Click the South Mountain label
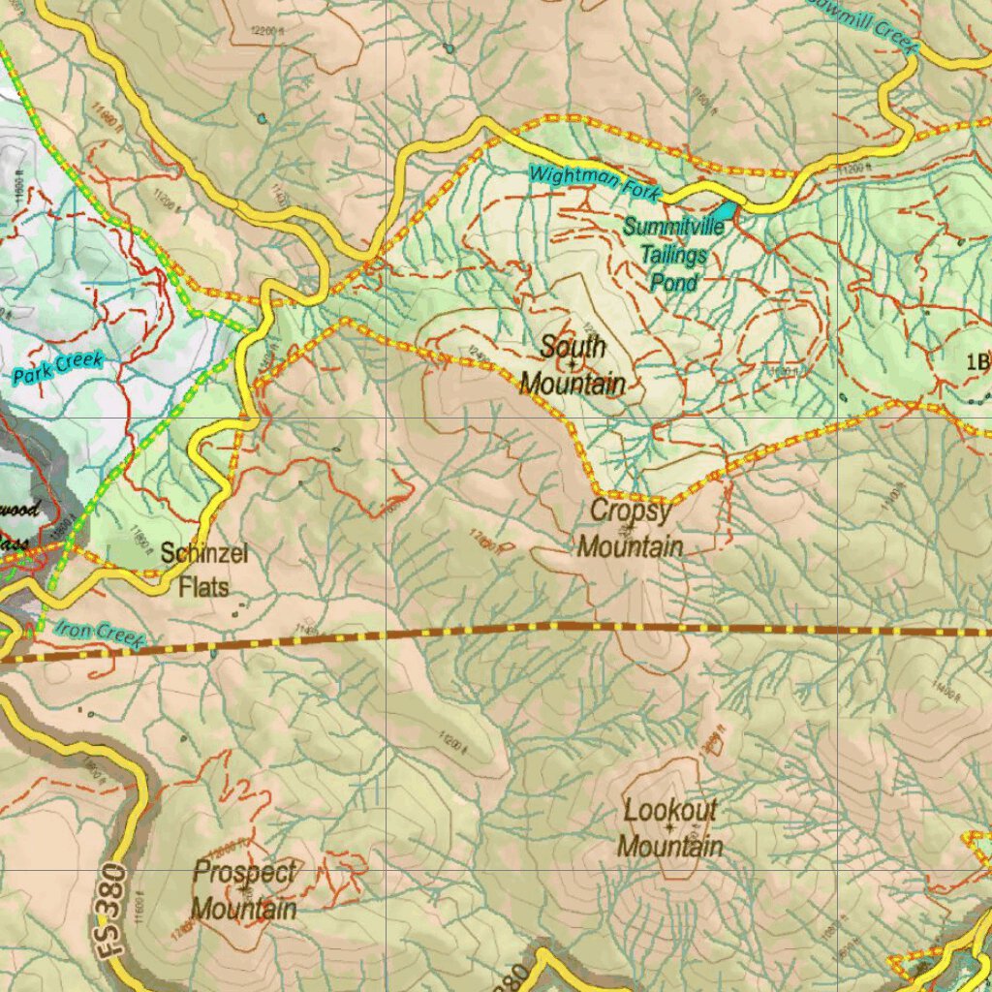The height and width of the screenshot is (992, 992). [573, 365]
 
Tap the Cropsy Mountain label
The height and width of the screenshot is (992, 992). [630, 529]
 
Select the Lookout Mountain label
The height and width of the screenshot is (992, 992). [669, 828]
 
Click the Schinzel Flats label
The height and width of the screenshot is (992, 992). [204, 570]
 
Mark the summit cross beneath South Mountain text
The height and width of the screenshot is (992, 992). [573, 364]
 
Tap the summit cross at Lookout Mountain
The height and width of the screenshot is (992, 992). [669, 828]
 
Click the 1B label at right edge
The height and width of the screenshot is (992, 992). [976, 362]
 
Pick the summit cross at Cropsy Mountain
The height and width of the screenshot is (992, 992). [630, 529]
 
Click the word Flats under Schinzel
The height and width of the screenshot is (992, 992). [204, 586]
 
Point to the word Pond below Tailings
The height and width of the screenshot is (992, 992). [673, 282]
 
